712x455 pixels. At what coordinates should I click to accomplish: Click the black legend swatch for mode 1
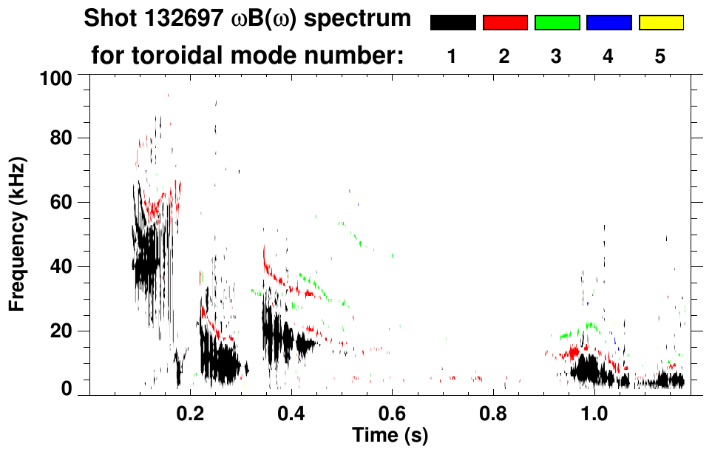(x=453, y=23)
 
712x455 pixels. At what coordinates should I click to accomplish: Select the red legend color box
(x=505, y=23)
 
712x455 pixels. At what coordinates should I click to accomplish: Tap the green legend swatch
(x=557, y=23)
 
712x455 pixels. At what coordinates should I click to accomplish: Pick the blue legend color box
(x=608, y=23)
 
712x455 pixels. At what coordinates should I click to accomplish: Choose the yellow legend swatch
(x=660, y=23)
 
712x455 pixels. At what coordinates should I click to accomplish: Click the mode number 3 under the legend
(x=556, y=56)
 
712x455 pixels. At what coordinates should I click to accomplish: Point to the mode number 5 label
(x=660, y=56)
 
